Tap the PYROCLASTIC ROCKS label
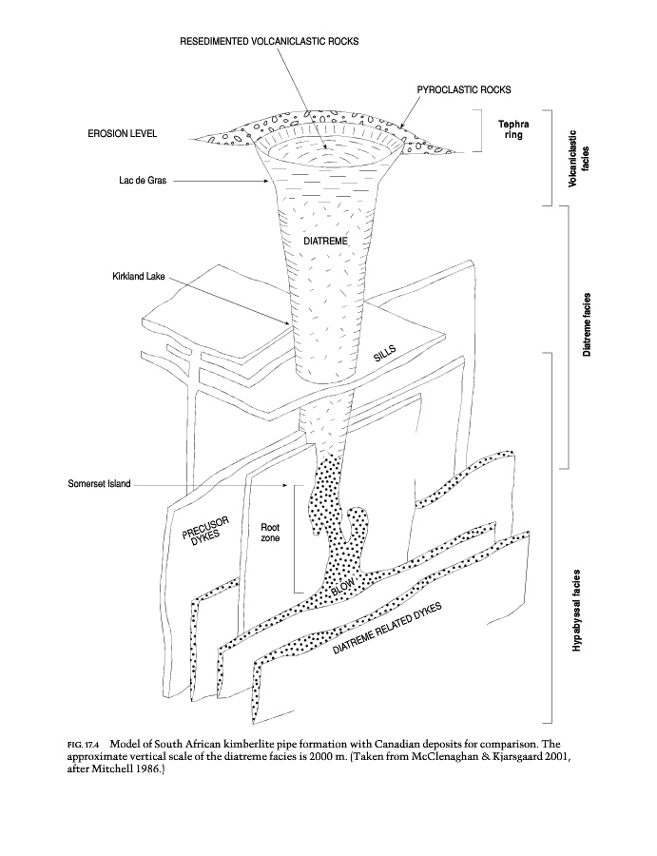(x=464, y=89)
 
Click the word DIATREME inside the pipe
(x=326, y=243)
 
